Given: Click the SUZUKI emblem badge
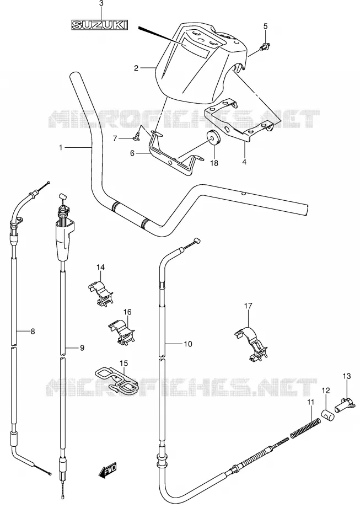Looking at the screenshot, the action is (100, 25).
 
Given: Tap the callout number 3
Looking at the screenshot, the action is (101, 4).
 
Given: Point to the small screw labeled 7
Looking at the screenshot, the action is (137, 135).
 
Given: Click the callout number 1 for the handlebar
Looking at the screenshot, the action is (61, 148).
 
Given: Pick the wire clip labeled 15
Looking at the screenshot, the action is (117, 380).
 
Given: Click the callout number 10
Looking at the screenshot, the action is (188, 344).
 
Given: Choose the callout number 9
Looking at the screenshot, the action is (82, 348).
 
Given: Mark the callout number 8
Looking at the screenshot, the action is (33, 332).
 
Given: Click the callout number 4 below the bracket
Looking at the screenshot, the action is (244, 161).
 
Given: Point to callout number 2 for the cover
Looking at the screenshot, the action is (136, 68).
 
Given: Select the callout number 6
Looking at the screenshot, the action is (132, 153).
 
